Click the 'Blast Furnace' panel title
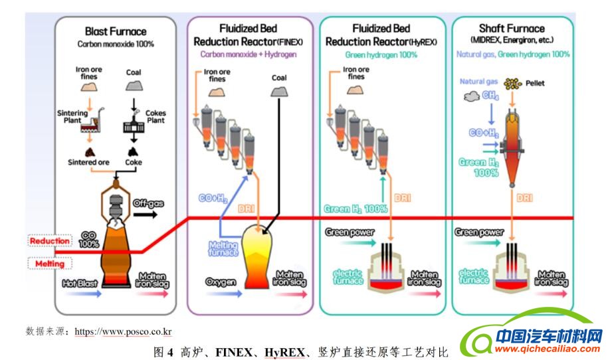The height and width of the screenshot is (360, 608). coord(116,31)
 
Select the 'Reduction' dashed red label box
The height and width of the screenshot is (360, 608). coord(49,240)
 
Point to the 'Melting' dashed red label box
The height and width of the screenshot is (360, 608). coord(49,264)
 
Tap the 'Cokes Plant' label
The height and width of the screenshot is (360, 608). coord(155,118)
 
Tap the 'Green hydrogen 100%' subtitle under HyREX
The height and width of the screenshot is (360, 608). coord(381,54)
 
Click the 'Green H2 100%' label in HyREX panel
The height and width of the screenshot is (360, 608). coord(356,209)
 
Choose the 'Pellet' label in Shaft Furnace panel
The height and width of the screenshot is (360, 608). coord(535,84)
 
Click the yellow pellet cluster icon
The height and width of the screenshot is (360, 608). coord(512,84)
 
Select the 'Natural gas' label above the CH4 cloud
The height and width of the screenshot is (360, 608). coord(478,81)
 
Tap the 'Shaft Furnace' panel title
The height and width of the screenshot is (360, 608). coord(512,29)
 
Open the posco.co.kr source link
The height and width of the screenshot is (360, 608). coord(124,331)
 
